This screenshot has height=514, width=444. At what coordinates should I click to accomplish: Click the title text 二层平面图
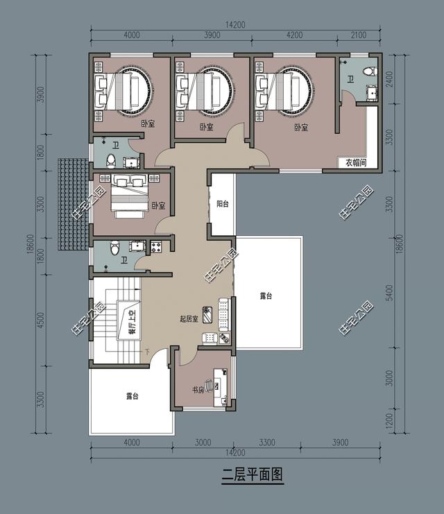point(253,475)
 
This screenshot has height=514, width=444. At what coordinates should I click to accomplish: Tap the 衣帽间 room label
point(356,163)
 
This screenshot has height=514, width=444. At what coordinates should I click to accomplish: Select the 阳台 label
point(223,205)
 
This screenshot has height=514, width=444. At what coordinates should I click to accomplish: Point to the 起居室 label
point(189,319)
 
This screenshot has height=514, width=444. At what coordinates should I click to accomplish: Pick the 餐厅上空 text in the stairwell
point(130,321)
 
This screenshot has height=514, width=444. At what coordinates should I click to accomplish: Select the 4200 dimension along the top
point(294,35)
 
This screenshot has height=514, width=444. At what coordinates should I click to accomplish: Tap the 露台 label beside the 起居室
point(266,296)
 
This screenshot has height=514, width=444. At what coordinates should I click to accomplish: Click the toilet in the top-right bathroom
point(371,71)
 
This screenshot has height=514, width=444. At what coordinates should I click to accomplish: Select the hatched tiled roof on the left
point(73,205)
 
